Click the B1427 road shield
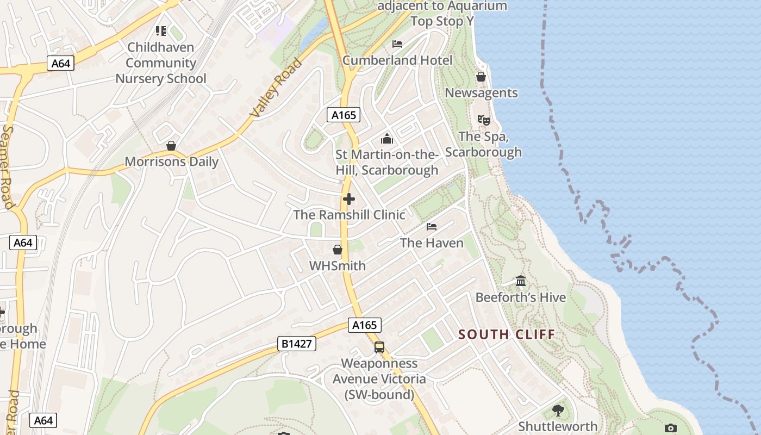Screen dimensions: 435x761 point(297,344)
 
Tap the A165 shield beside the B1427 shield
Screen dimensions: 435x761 point(364,325)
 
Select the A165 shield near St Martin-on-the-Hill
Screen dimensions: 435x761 point(344,115)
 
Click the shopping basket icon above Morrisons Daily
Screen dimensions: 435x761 point(171,146)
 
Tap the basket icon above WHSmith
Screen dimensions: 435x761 point(338,250)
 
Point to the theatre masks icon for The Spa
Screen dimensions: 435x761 point(483,120)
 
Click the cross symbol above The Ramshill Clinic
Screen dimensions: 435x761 point(349,199)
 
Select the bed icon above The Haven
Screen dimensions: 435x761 point(432,227)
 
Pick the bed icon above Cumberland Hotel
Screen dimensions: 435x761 point(397,44)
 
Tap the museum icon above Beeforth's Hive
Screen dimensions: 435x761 point(521,281)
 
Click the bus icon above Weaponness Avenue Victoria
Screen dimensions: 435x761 point(379,347)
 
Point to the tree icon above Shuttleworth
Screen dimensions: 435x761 point(558,410)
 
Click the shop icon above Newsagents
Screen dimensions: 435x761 point(481,77)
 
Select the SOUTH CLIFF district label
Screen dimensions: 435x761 point(507,334)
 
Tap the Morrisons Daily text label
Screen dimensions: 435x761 point(172,161)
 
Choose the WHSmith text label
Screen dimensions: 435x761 point(338,266)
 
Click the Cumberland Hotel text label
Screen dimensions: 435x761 point(397,60)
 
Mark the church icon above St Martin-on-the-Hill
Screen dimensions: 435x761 point(387,139)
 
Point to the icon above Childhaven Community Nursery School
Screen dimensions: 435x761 point(161,31)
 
